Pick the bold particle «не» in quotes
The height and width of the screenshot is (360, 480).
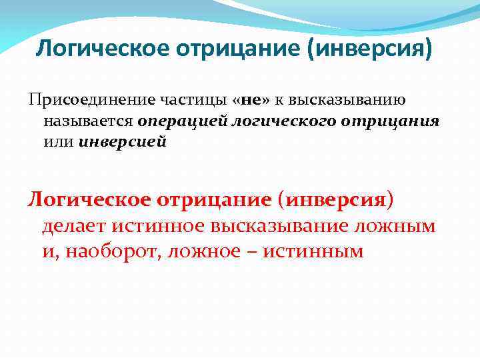[x=254, y=101]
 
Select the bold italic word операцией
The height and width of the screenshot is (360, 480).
[x=179, y=122]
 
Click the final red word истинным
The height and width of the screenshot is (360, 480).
[x=317, y=251]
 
